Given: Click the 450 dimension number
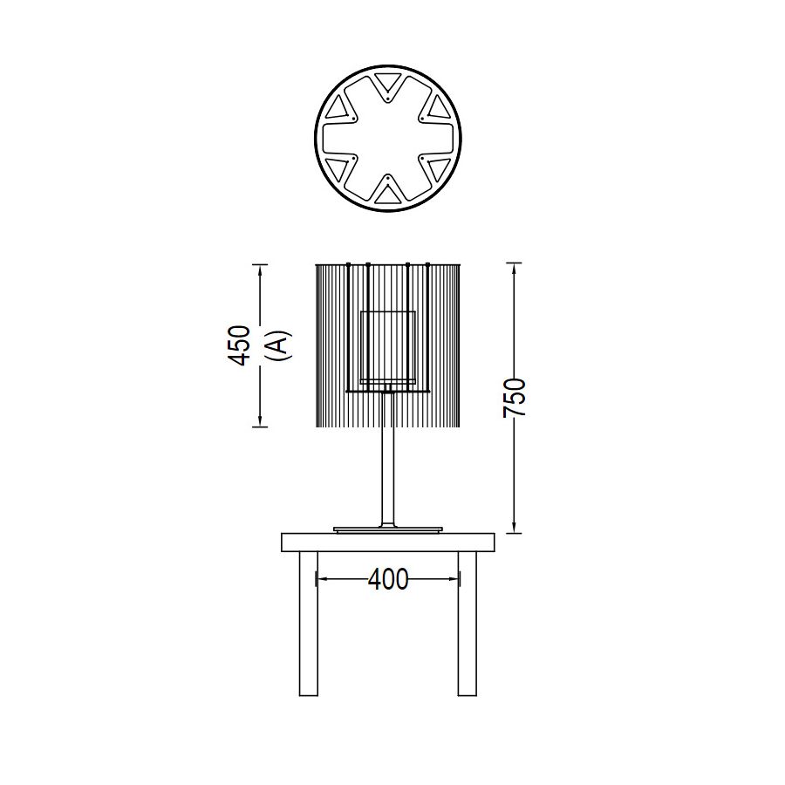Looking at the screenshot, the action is coord(238,345).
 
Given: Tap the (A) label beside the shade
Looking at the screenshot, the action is coord(279,345).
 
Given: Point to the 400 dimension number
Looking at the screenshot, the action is coord(388,580).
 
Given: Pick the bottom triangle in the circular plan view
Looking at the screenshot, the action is coord(388,194).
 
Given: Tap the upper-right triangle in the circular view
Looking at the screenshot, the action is coord(438,108).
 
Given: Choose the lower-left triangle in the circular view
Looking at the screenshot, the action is coord(338,168).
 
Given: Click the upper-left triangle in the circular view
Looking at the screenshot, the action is coord(338,108).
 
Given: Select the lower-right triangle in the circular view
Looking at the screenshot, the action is coord(438,168).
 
